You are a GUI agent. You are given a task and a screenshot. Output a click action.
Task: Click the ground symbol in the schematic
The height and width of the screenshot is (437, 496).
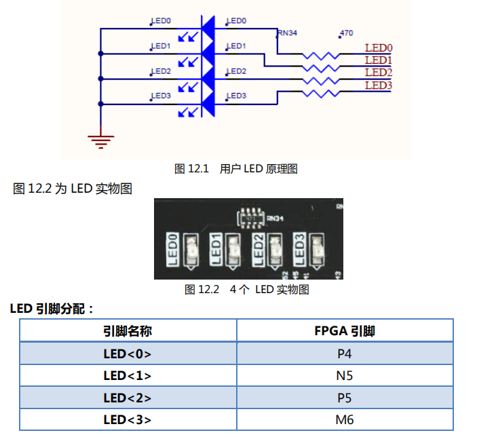coord(100,140)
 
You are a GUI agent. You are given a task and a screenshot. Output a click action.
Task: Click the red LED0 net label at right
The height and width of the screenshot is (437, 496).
coord(379,48)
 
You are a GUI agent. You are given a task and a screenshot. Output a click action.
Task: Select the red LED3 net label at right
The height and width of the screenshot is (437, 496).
coord(379,85)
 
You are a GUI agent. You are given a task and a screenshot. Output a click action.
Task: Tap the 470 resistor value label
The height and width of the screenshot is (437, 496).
coord(345,33)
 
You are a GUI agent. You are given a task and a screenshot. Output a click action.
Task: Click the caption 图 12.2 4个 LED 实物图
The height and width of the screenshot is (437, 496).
coord(247,289)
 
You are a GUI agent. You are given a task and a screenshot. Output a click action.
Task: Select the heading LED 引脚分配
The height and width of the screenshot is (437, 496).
coord(52,309)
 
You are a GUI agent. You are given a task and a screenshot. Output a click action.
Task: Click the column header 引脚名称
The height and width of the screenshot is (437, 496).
coord(128,330)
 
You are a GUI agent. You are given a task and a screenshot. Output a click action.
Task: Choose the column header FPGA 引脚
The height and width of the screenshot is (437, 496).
coord(345,330)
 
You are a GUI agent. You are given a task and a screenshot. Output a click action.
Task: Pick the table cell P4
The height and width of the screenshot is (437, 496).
coord(345,353)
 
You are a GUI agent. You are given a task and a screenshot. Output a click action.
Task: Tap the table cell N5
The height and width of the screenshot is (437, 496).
coord(345,375)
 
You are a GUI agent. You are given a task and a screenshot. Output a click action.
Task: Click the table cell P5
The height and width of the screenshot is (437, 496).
coord(345,398)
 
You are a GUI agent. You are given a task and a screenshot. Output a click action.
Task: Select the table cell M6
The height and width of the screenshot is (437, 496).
coord(345,419)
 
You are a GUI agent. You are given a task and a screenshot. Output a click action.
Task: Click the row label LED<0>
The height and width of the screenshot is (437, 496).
coord(128,353)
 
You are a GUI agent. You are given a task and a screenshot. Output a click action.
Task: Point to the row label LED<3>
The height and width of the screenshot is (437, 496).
coord(128,419)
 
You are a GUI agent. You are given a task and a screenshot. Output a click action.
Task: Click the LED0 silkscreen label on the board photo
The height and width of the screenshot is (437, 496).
coord(172,249)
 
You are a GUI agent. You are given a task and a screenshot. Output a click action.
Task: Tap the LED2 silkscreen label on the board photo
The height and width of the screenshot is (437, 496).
coord(258,249)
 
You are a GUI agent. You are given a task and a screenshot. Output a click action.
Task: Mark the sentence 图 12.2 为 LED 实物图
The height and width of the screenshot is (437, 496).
coord(73,189)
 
